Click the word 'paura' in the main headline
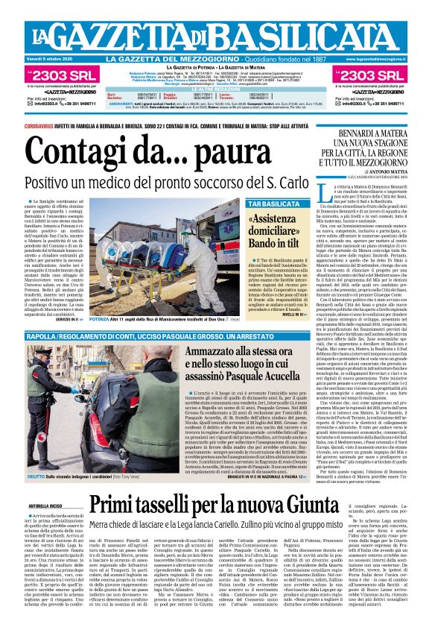tap(180, 152)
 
